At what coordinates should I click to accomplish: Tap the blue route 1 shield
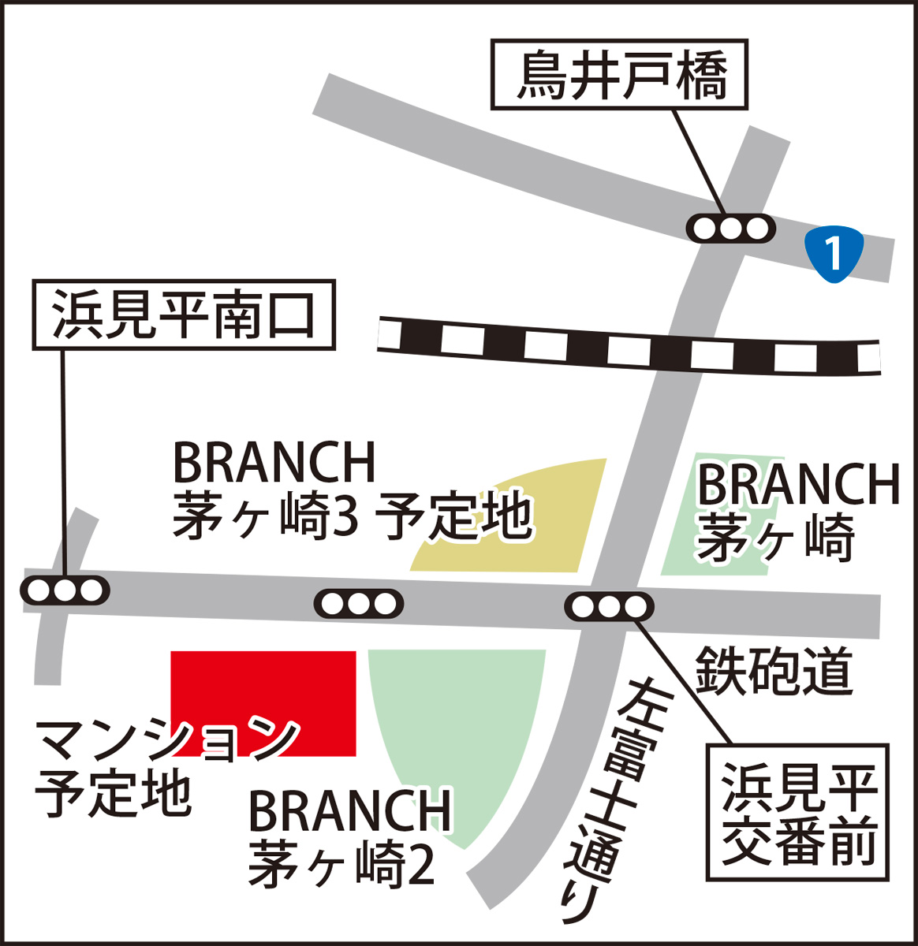[x=834, y=253]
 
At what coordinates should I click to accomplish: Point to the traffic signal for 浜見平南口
[x=65, y=590]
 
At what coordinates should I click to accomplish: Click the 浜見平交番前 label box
[x=797, y=812]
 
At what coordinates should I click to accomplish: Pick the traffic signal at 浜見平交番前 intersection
[x=609, y=607]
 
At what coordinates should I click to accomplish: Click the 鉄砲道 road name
[x=774, y=671]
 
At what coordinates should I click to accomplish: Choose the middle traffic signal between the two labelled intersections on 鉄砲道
[x=359, y=604]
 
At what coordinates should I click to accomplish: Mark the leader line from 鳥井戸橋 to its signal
[x=700, y=162]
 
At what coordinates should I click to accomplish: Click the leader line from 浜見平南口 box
[x=63, y=465]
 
